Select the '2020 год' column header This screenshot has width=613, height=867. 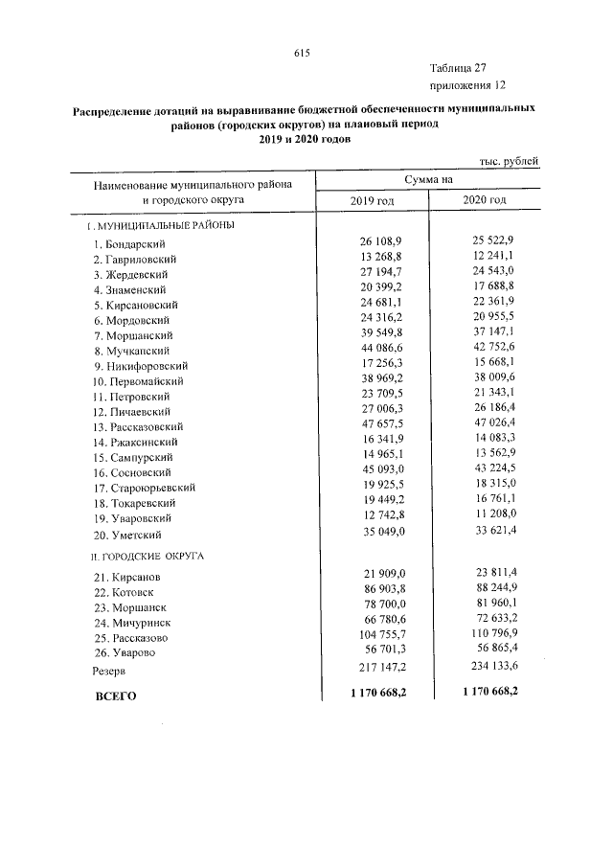coord(484,199)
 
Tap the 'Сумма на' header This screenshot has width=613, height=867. coord(427,179)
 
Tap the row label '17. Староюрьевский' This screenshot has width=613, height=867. coord(145,488)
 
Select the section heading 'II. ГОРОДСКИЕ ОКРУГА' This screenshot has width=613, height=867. coord(147,556)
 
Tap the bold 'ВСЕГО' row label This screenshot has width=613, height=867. coord(116,696)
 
